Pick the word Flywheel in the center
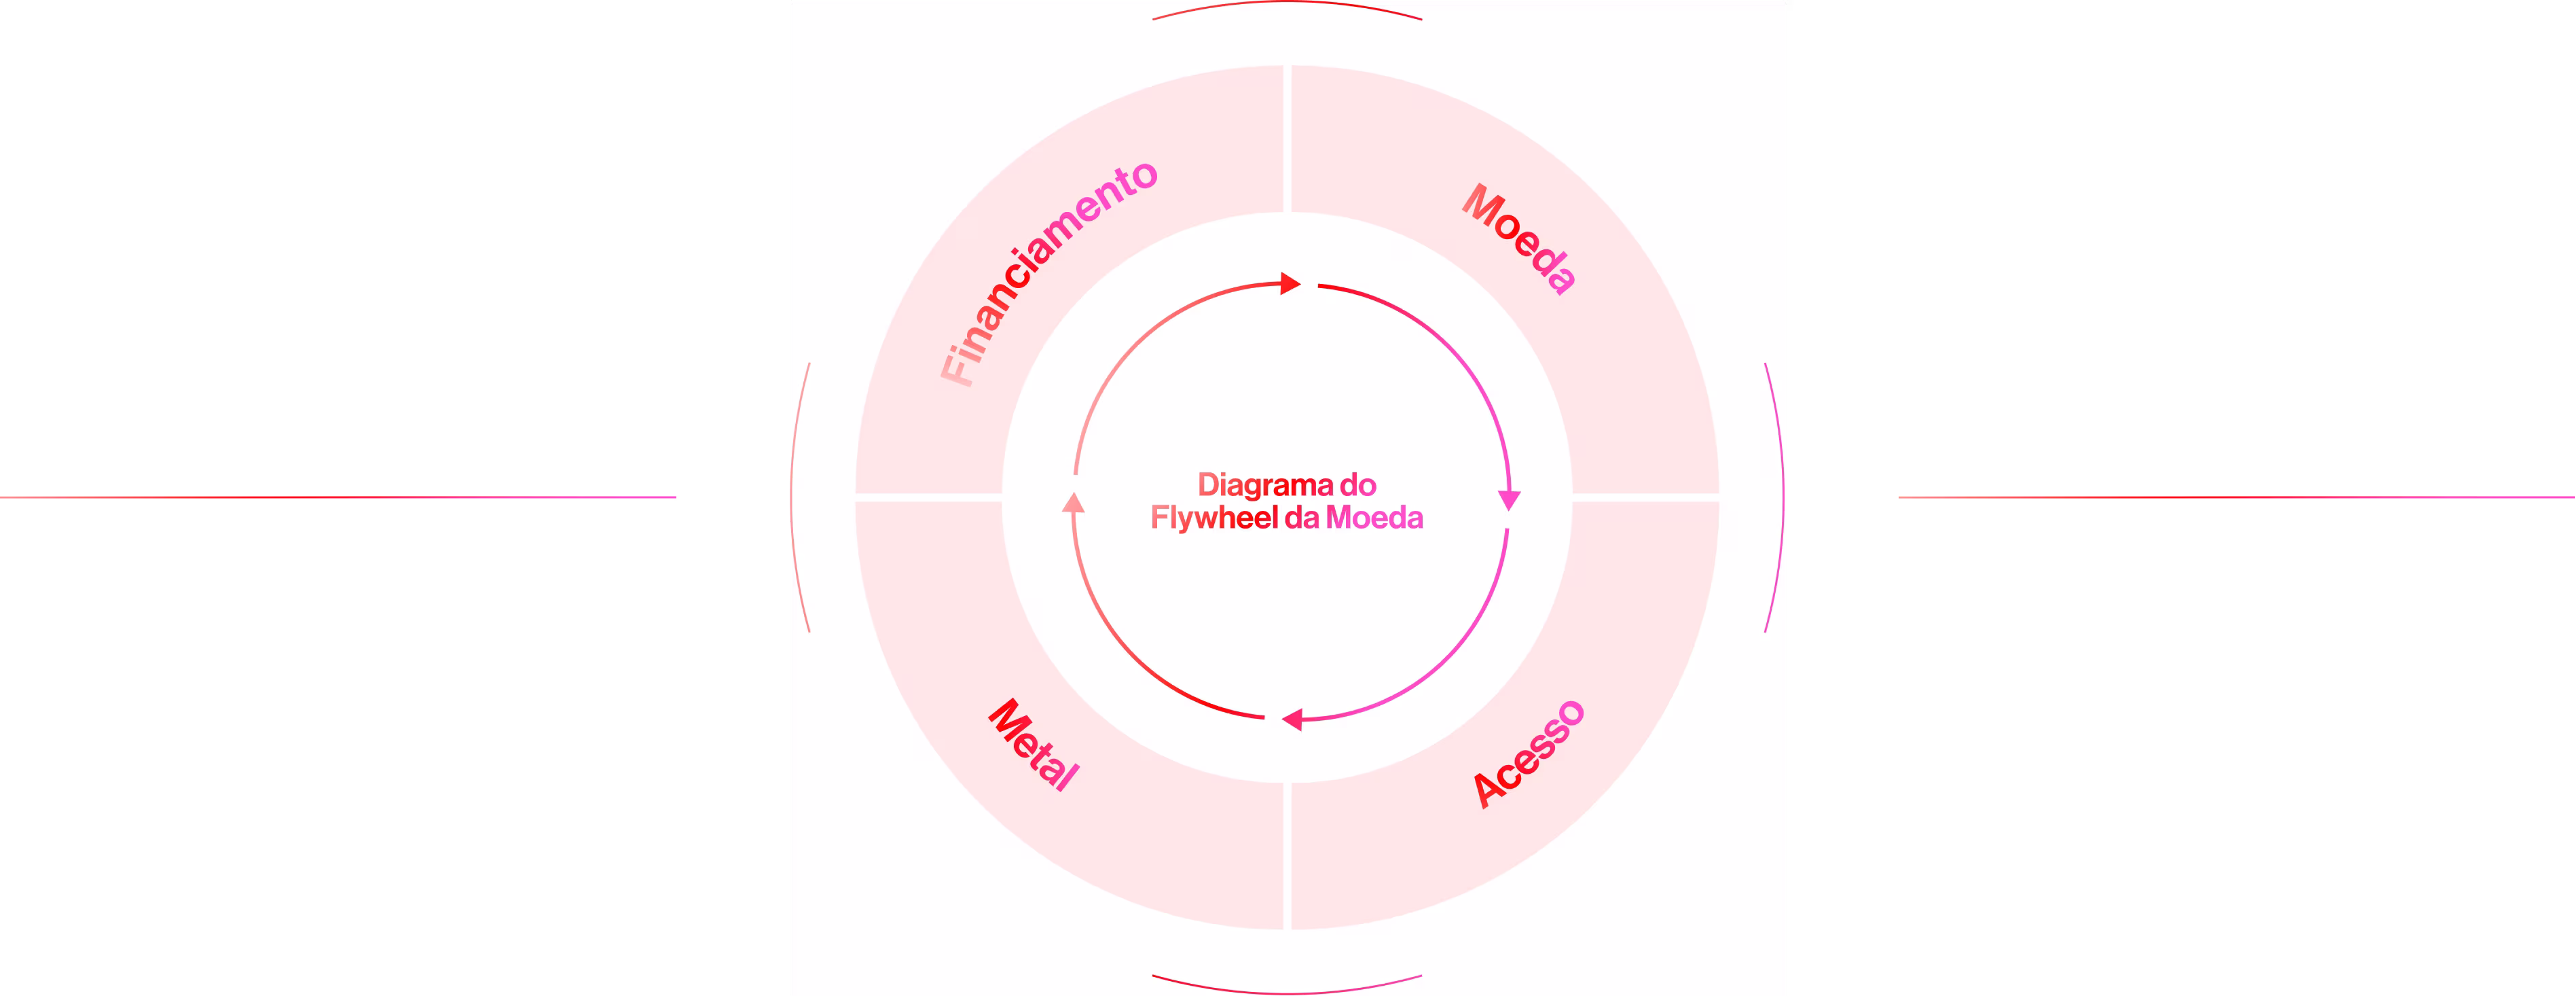point(1213,518)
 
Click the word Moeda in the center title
point(1374,518)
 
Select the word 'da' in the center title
point(1302,518)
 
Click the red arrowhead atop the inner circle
point(1290,284)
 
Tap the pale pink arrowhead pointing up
point(1074,502)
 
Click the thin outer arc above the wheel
point(1287,4)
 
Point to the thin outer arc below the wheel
point(1287,991)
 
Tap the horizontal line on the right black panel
point(2236,497)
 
